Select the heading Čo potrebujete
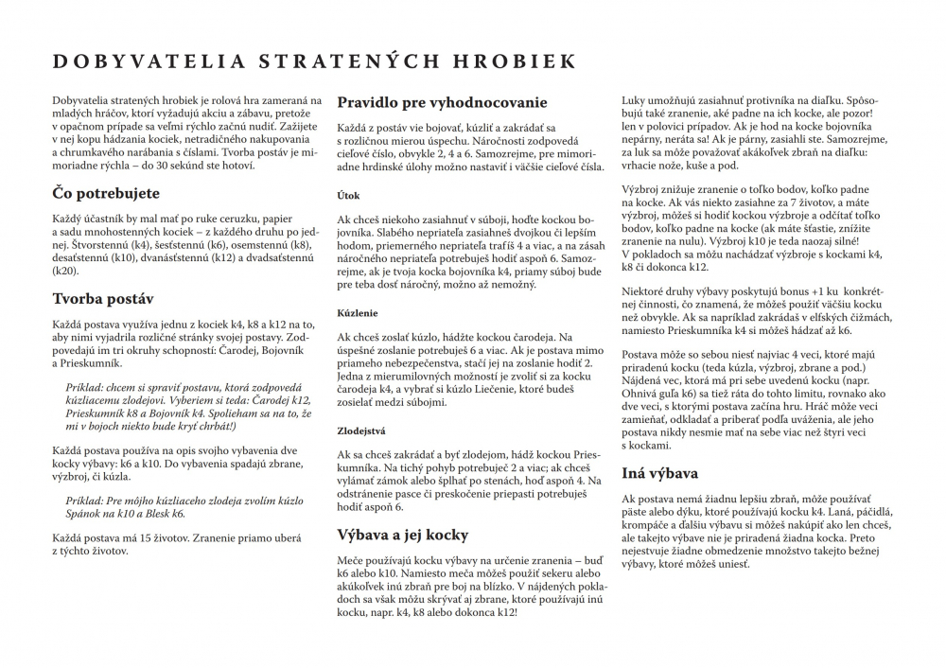click(x=107, y=193)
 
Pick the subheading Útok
click(x=348, y=196)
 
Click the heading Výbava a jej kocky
click(x=403, y=535)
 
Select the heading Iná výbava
click(x=660, y=473)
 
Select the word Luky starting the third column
click(x=634, y=99)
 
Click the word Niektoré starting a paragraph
click(x=646, y=291)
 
